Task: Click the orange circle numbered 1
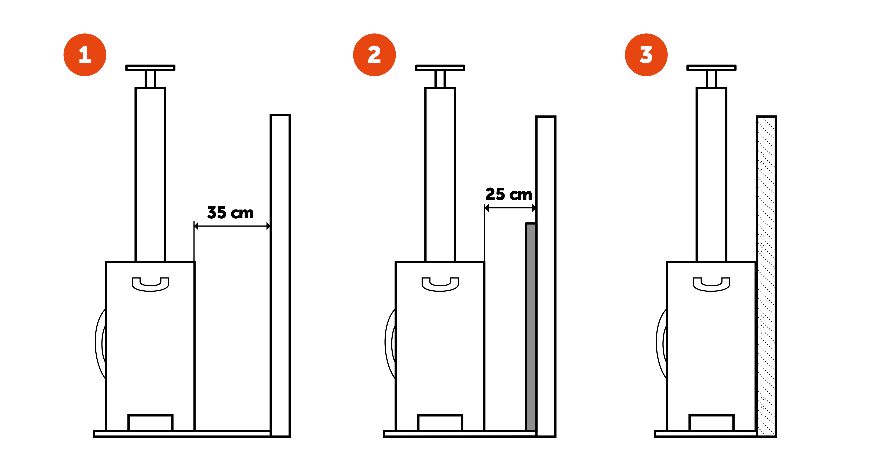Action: click(85, 55)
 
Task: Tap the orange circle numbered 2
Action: click(374, 55)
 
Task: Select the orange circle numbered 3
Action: click(646, 55)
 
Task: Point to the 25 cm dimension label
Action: click(509, 194)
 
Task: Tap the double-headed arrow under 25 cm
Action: click(510, 208)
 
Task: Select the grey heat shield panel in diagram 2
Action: click(531, 327)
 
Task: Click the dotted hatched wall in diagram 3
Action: click(766, 276)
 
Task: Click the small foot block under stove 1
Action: click(150, 423)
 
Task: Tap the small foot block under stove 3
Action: click(711, 423)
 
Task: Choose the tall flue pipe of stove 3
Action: click(711, 174)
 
